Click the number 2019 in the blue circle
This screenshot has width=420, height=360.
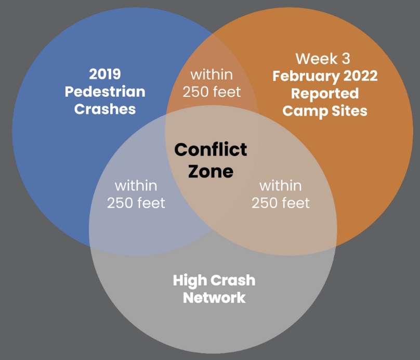click(104, 74)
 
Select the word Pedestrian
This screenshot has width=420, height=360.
click(105, 92)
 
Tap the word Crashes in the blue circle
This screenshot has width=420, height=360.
click(104, 109)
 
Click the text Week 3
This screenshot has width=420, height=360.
click(323, 59)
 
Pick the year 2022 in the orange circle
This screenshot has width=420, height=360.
click(361, 76)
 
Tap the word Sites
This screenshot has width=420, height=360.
click(349, 111)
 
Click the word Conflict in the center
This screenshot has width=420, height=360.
click(211, 149)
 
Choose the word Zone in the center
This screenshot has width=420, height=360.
click(211, 171)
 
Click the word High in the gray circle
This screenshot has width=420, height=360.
click(190, 281)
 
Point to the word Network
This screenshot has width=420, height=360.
click(214, 298)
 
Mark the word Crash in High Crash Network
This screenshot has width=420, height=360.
click(233, 280)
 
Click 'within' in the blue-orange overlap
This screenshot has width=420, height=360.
click(212, 74)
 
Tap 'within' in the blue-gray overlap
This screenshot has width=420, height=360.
click(136, 186)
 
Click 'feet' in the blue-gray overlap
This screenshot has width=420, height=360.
click(151, 203)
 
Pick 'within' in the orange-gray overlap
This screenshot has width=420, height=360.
click(281, 186)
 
